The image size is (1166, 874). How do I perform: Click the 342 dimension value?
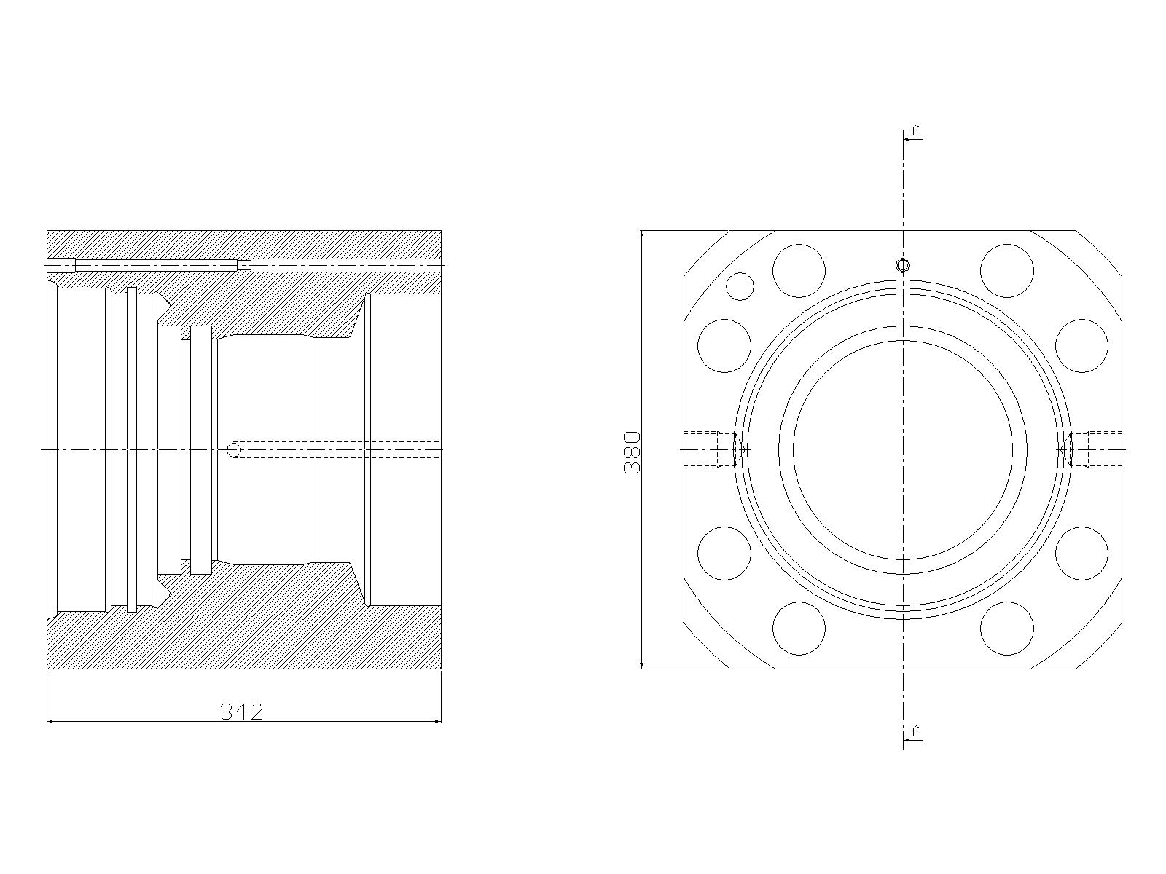(242, 712)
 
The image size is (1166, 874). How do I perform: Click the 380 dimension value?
(632, 452)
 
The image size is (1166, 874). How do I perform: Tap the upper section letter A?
(916, 130)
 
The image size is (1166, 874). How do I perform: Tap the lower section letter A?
(916, 732)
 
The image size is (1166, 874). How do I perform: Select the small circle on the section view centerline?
(234, 450)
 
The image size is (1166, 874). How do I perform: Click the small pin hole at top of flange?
(902, 265)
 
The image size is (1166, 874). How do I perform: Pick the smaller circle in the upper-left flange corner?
(740, 286)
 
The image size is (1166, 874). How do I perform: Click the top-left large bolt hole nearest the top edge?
(799, 271)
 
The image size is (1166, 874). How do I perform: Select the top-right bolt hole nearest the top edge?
(1006, 271)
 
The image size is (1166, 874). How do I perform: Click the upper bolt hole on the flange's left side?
(724, 346)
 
